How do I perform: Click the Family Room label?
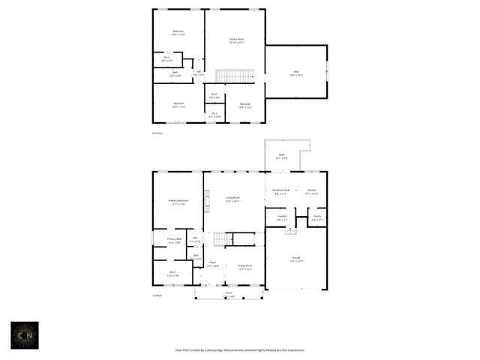coord(236,40)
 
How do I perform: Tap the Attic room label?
coord(295,73)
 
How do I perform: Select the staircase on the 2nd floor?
coord(235,76)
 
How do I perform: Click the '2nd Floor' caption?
coord(157,133)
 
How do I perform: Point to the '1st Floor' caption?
coord(157,295)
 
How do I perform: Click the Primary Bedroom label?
coord(178,202)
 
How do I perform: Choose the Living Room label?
coord(233,199)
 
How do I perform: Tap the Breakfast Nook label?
coord(281,192)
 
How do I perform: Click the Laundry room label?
coord(281,217)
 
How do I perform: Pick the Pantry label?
coord(317,217)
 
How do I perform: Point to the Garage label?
coord(296,259)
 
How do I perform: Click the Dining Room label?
coord(244,266)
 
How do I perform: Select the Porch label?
coord(229,294)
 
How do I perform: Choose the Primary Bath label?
coord(174,241)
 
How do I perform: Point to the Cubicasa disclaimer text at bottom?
coord(240,350)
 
